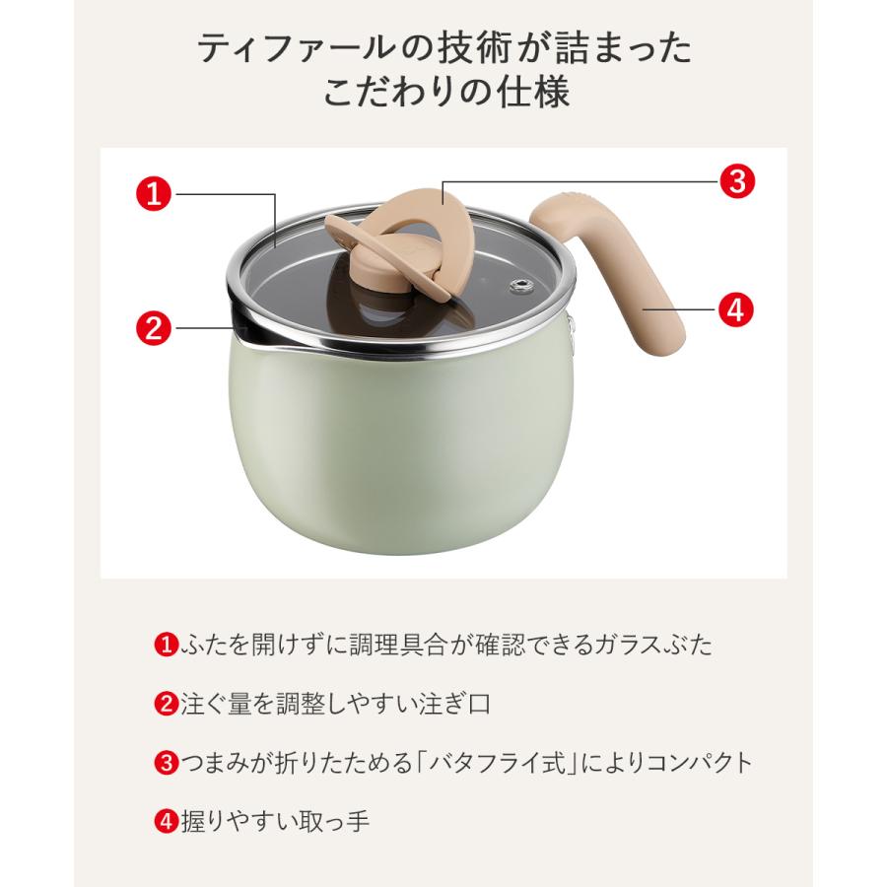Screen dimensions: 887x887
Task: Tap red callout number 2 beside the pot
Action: point(154,326)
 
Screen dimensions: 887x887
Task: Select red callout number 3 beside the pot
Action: point(736,181)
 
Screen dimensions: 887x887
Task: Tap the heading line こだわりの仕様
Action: point(443,97)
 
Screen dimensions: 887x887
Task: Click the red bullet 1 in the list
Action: point(165,647)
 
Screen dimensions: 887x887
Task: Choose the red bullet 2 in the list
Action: point(165,705)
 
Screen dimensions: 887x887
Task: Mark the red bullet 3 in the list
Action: point(165,763)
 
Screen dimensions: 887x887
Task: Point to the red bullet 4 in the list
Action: point(165,821)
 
